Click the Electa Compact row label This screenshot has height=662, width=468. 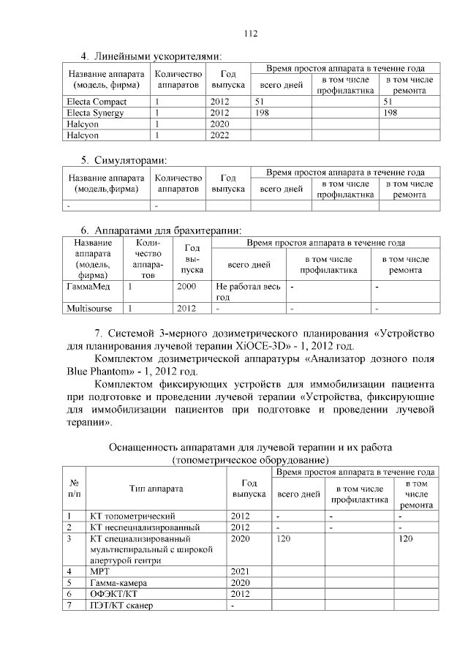pyautogui.click(x=96, y=102)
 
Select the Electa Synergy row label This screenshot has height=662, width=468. pyautogui.click(x=94, y=113)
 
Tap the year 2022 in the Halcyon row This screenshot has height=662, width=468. pyautogui.click(x=219, y=135)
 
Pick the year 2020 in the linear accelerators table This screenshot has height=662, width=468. pyautogui.click(x=219, y=124)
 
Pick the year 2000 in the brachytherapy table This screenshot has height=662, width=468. pyautogui.click(x=186, y=287)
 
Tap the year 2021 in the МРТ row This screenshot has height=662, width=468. pyautogui.click(x=241, y=571)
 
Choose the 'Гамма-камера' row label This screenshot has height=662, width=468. pyautogui.click(x=118, y=583)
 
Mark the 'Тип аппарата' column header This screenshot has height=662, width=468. pyautogui.click(x=156, y=489)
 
